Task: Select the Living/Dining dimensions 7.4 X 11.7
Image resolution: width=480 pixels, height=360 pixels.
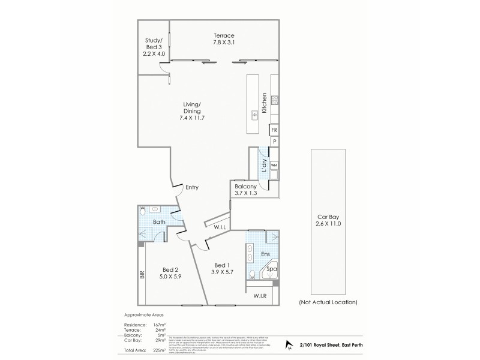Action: click(x=193, y=118)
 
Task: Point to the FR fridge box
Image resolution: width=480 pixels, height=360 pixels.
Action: click(x=274, y=130)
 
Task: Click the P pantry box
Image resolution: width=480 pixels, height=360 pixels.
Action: click(x=274, y=142)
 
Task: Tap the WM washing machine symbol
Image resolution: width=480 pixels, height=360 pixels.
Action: click(x=274, y=164)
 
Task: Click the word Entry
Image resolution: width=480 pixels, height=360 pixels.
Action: click(x=191, y=187)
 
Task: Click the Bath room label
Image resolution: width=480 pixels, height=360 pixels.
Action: click(x=158, y=222)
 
